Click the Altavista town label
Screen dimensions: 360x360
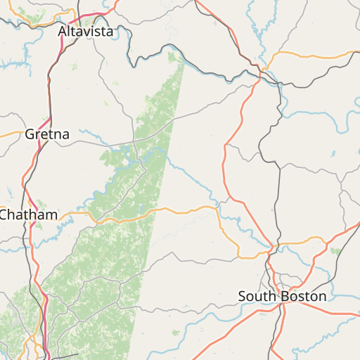(85, 32)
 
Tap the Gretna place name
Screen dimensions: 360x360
(47, 134)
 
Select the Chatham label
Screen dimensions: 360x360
(28, 214)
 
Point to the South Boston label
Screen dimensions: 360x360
(282, 296)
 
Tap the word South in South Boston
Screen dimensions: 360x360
(257, 296)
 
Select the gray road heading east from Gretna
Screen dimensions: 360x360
(98, 143)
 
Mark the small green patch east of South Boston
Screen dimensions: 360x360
(335, 250)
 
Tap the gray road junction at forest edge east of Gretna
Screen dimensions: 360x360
(134, 140)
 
